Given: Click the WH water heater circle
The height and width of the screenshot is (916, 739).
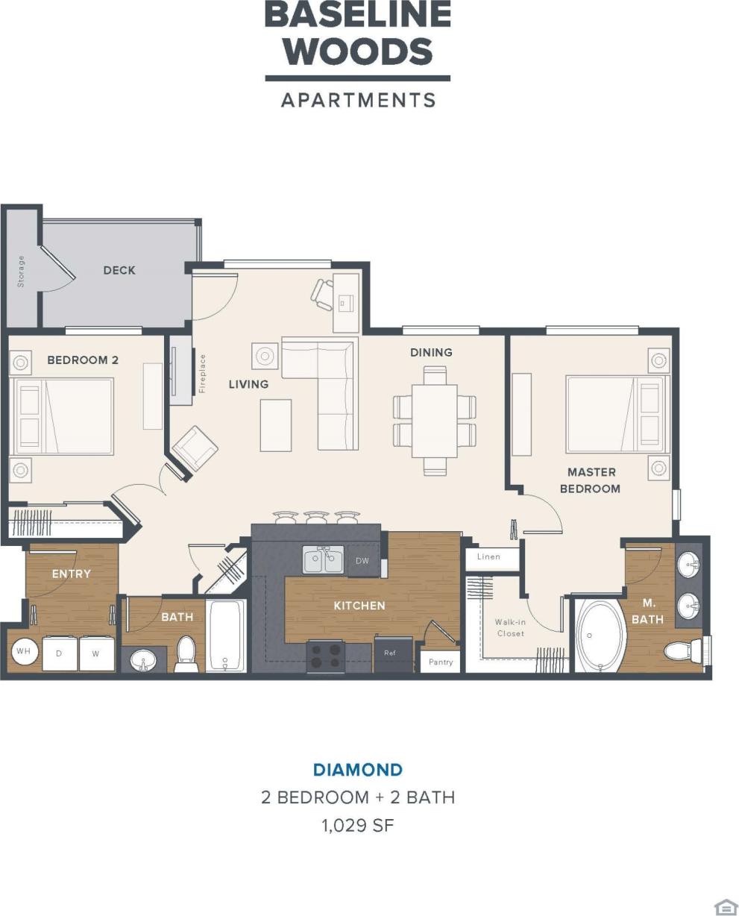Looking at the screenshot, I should (24, 651).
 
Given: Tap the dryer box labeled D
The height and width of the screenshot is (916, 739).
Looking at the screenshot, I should (59, 654).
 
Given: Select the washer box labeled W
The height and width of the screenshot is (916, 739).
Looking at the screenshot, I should (96, 654).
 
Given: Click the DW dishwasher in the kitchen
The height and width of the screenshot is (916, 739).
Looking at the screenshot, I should (362, 561).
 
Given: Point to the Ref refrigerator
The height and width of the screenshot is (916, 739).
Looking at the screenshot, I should (390, 653).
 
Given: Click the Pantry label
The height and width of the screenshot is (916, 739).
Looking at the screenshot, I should (441, 662).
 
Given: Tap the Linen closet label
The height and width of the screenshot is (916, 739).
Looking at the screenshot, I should (488, 556).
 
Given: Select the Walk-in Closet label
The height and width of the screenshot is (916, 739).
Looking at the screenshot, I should (511, 627).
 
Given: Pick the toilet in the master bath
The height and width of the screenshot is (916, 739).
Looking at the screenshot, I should (682, 651).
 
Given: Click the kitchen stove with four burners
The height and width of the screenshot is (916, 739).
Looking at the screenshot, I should (325, 656).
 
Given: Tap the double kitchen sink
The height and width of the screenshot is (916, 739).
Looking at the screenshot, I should (323, 560).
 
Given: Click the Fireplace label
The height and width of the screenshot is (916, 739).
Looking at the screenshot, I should (202, 373).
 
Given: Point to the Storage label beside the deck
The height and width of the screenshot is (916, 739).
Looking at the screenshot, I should (21, 271).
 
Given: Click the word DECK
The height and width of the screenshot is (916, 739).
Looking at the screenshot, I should (119, 270).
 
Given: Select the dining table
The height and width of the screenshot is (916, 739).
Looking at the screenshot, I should (435, 420).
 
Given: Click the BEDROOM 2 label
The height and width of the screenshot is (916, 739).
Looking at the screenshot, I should (83, 360).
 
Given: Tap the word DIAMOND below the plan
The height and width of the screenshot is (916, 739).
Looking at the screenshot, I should (358, 770).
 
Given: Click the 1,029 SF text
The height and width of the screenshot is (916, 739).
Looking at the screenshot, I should (358, 825).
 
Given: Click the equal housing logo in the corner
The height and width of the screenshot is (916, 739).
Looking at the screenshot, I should (725, 906).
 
